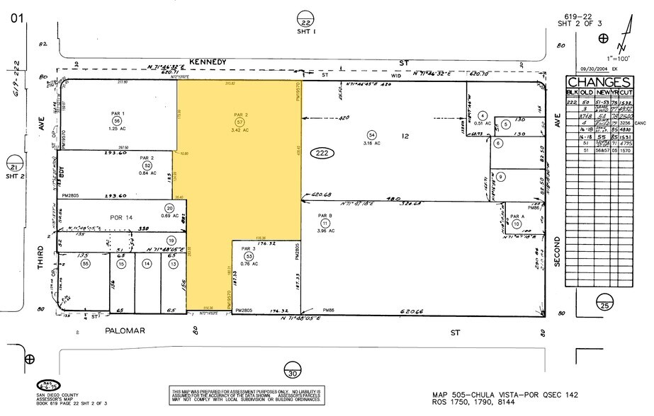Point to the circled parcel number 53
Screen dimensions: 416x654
pyautogui.click(x=248, y=256)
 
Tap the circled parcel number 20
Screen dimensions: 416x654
pyautogui.click(x=169, y=208)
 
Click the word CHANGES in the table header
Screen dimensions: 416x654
pyautogui.click(x=599, y=82)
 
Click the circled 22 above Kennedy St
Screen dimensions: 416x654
pyautogui.click(x=305, y=16)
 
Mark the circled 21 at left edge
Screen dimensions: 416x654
pyautogui.click(x=13, y=163)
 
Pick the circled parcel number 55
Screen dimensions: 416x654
pyautogui.click(x=85, y=263)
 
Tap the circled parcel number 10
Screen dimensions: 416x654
pyautogui.click(x=517, y=224)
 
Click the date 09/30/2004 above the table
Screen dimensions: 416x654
pyautogui.click(x=594, y=69)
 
